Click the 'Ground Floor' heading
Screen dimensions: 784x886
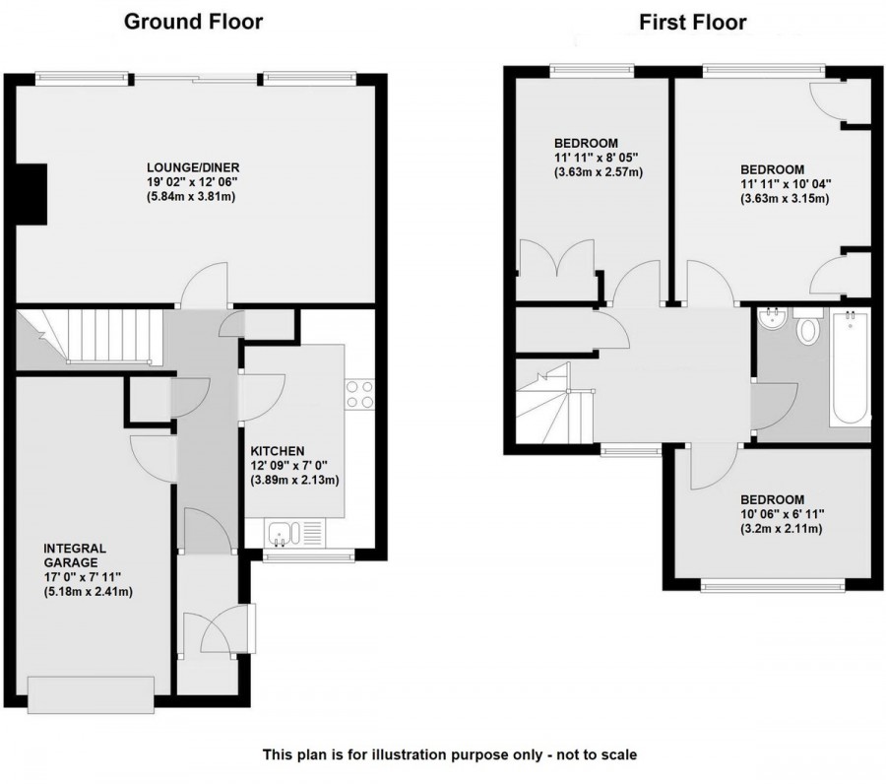(193, 22)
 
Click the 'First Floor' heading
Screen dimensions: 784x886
(694, 22)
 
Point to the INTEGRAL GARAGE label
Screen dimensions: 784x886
(74, 555)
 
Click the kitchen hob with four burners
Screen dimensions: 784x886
(359, 394)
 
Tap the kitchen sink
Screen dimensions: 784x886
(283, 533)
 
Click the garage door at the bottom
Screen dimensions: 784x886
(91, 694)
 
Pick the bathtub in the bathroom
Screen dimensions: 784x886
(850, 367)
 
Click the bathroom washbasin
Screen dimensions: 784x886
(771, 318)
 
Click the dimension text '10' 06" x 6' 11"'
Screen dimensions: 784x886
(782, 514)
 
